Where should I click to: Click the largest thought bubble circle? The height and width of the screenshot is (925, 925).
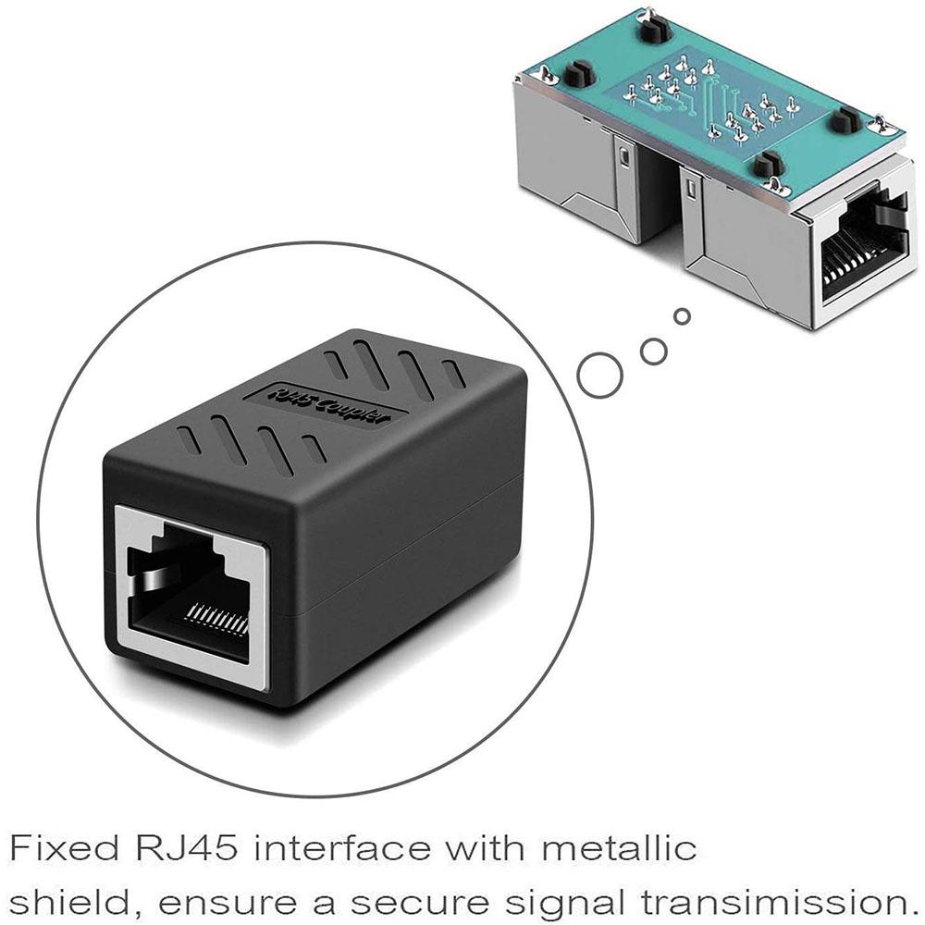tap(600, 374)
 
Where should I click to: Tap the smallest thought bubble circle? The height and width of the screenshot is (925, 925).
tap(683, 317)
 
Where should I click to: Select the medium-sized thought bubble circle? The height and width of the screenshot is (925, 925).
tap(654, 350)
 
